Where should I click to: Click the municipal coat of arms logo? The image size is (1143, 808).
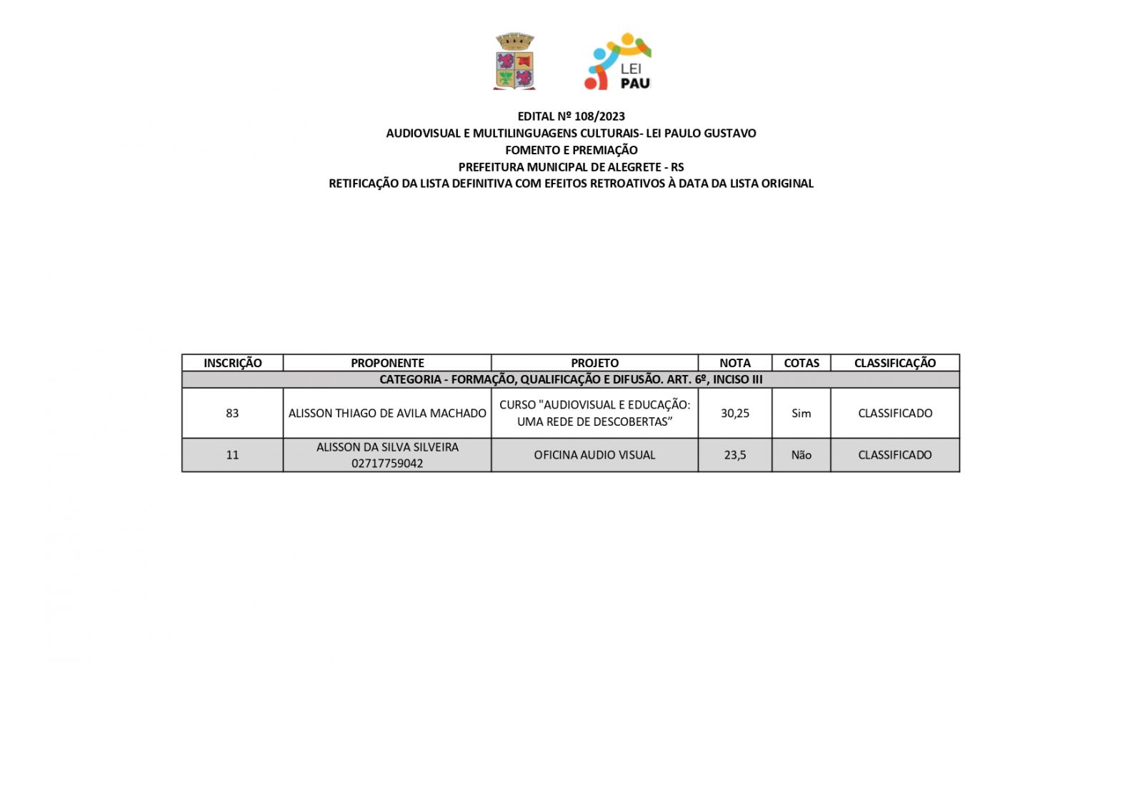[514, 61]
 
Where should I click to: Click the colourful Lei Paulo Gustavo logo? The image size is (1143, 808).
[617, 61]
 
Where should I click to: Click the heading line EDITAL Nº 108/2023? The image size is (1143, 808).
[571, 116]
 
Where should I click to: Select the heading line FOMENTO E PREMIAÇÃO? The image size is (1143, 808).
[571, 150]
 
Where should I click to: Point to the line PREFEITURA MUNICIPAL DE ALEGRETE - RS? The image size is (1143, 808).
[571, 167]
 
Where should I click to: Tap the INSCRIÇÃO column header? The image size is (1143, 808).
[232, 363]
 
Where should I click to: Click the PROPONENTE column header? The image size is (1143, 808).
[387, 363]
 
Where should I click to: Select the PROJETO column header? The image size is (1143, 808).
[594, 363]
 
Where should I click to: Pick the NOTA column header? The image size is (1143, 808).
[734, 363]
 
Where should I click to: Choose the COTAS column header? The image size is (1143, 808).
[801, 363]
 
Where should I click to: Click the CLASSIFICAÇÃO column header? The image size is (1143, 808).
[894, 363]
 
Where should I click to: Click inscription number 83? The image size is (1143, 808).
[232, 413]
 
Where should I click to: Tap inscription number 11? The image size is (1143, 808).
[232, 455]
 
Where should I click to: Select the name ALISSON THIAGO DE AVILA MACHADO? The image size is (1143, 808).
[387, 413]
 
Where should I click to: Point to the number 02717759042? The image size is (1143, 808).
[387, 464]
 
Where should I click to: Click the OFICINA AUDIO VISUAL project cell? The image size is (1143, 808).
[594, 455]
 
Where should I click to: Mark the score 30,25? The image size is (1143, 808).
[734, 413]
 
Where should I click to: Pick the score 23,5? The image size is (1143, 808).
[734, 455]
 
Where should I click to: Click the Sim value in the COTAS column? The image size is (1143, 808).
[801, 413]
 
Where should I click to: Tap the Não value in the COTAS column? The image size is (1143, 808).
[801, 455]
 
